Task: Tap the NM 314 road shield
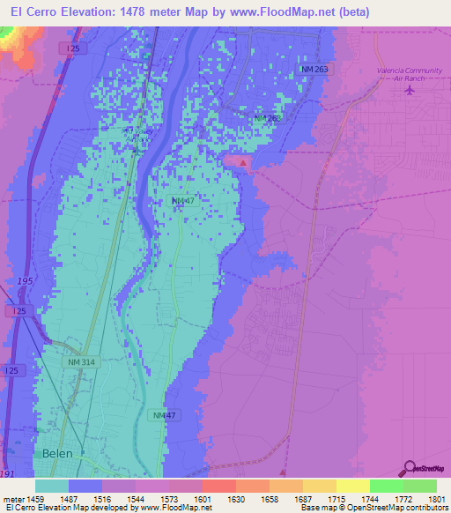tap(79, 362)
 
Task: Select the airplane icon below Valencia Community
tap(409, 89)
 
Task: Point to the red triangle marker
tap(244, 161)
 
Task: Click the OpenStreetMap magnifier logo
tap(409, 469)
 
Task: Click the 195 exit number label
tap(25, 281)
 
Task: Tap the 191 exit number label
tap(8, 474)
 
